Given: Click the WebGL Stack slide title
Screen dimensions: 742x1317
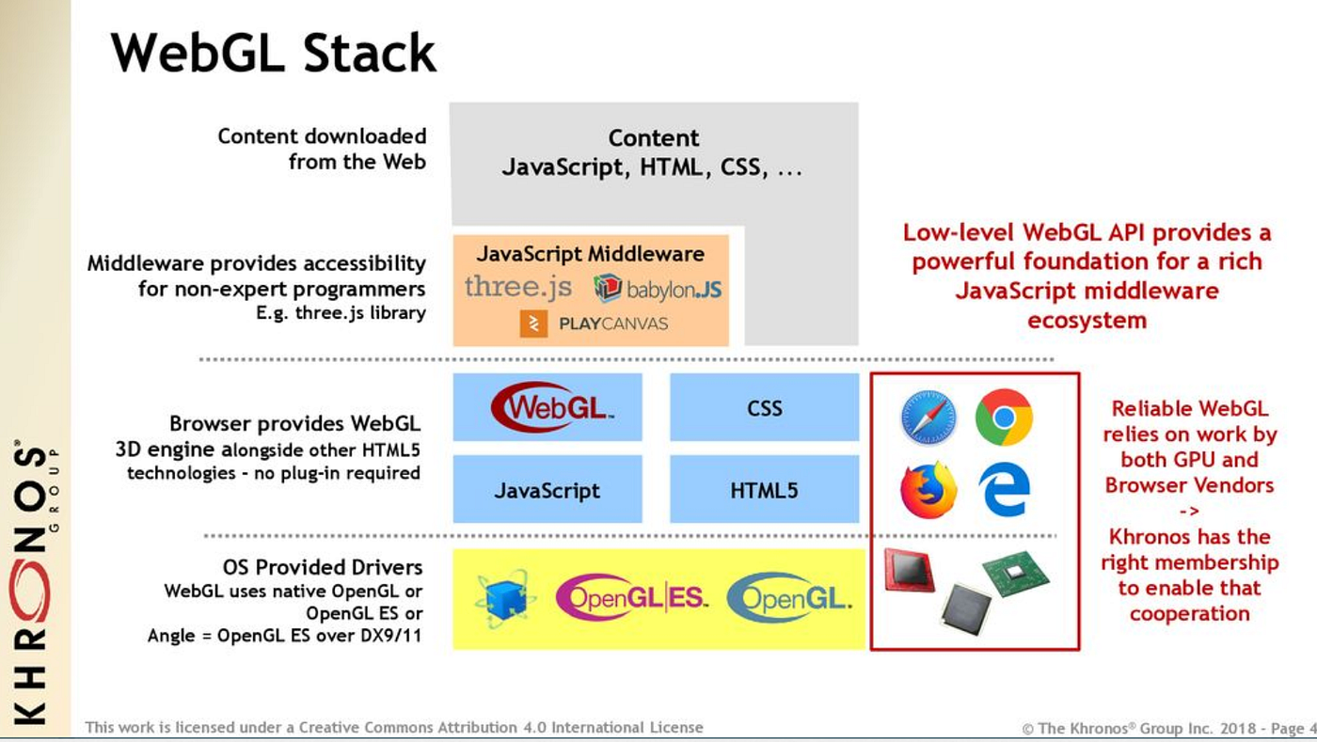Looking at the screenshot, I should [274, 53].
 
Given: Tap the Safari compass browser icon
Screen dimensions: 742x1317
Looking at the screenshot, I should [928, 418].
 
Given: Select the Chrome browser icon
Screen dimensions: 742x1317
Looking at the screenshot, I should [1004, 417].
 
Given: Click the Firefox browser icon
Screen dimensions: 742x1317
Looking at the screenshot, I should [928, 490].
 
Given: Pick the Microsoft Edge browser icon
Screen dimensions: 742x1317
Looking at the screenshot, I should [1004, 490].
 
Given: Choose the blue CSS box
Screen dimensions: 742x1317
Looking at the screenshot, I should [764, 408].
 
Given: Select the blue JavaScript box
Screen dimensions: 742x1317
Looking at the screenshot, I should [547, 490].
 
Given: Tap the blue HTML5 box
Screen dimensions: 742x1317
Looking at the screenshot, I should [764, 490].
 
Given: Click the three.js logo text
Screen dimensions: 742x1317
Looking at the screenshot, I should [517, 286].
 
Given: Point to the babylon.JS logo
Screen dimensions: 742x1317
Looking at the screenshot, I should [658, 288].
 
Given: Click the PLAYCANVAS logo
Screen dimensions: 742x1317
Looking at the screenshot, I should [594, 324].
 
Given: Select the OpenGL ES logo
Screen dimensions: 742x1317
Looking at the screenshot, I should [631, 599].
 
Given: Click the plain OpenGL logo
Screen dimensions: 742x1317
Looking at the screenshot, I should [789, 599].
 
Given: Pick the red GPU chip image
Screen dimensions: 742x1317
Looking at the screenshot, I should [909, 570].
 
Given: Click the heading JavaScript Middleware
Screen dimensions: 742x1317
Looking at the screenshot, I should [590, 254].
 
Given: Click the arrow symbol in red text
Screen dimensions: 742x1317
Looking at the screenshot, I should [1189, 512].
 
